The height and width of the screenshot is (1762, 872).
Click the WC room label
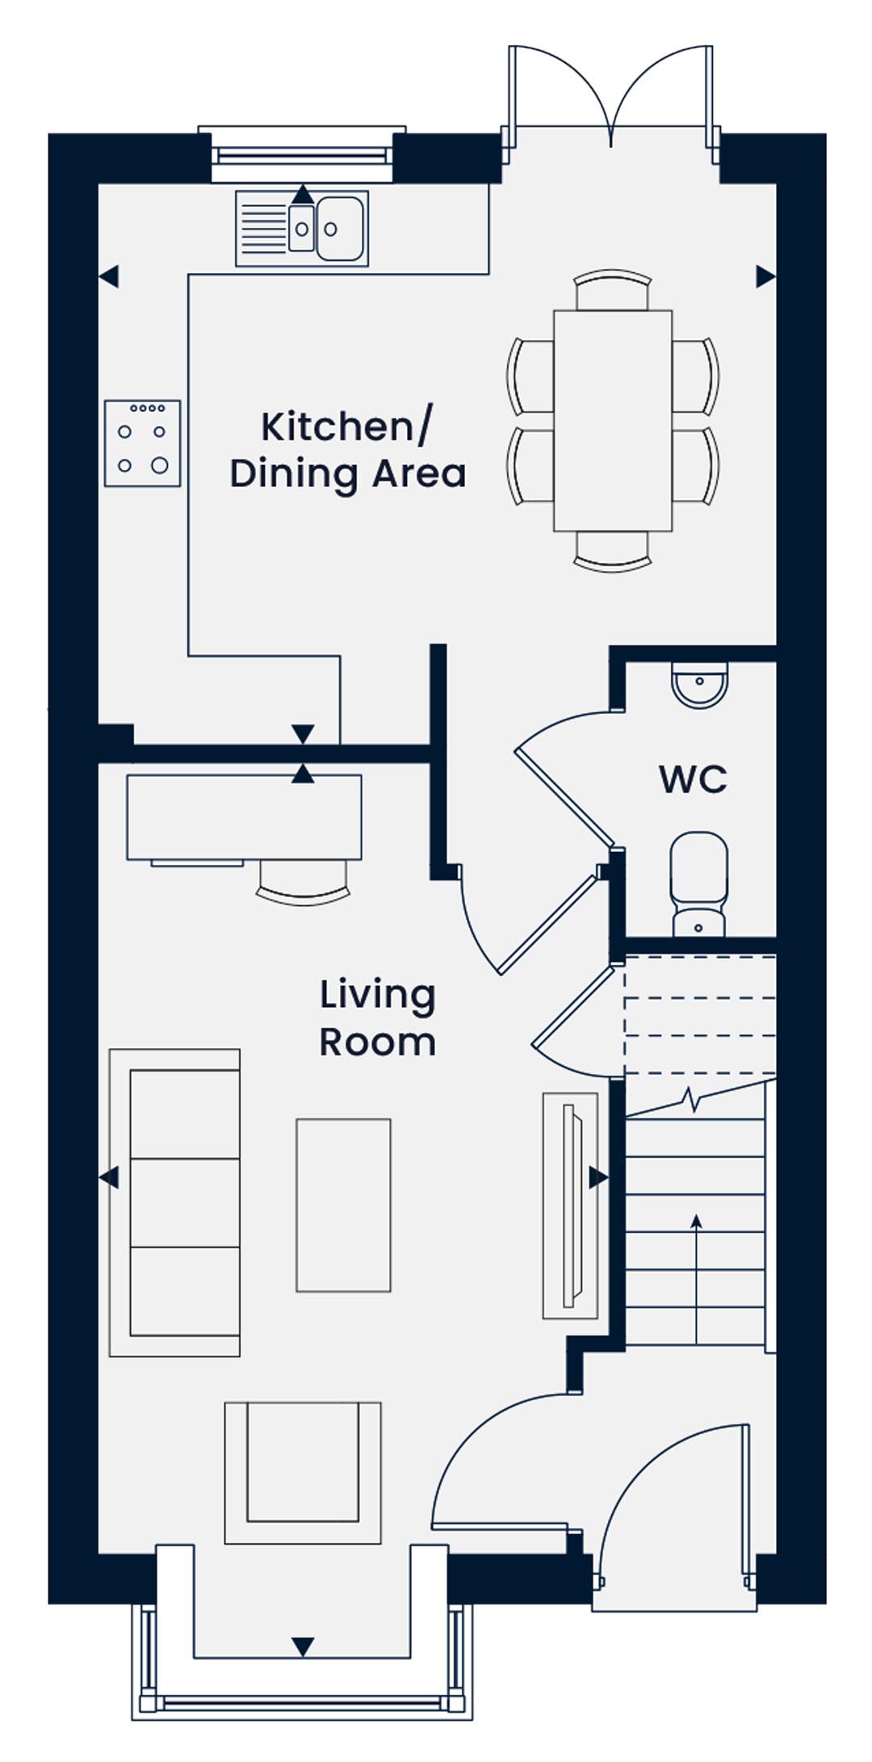[x=693, y=779]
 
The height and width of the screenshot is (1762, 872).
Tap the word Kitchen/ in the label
[x=347, y=426]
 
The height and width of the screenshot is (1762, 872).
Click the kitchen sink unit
[x=302, y=229]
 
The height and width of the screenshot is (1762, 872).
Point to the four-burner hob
[x=142, y=443]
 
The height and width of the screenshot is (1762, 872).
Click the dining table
[x=613, y=421]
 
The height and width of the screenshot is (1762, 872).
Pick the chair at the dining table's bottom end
[x=613, y=552]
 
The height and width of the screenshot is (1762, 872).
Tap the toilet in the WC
[x=699, y=884]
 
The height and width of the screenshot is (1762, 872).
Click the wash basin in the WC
[x=699, y=686]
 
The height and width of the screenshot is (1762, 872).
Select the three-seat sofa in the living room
[x=174, y=1202]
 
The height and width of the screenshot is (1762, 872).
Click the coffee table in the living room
[x=343, y=1205]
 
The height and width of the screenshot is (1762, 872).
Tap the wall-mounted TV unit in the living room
[x=571, y=1206]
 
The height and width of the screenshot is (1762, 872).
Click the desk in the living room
[x=244, y=817]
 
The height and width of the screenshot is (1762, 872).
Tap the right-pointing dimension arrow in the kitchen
[x=765, y=276]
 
